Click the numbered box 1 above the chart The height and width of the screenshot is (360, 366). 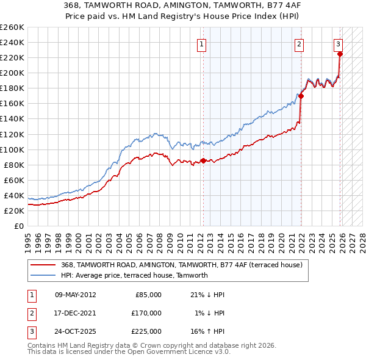tap(201, 43)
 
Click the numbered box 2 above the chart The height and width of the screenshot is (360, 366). tap(300, 43)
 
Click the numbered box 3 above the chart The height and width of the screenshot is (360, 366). tap(338, 43)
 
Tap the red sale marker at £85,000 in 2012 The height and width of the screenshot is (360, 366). tap(203, 160)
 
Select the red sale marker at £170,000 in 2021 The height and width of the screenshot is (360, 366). tap(301, 96)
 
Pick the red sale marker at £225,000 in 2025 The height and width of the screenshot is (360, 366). tap(340, 54)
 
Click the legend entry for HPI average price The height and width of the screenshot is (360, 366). tap(134, 275)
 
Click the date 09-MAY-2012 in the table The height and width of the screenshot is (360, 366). tap(75, 295)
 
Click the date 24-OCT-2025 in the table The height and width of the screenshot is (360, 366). tap(75, 331)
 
